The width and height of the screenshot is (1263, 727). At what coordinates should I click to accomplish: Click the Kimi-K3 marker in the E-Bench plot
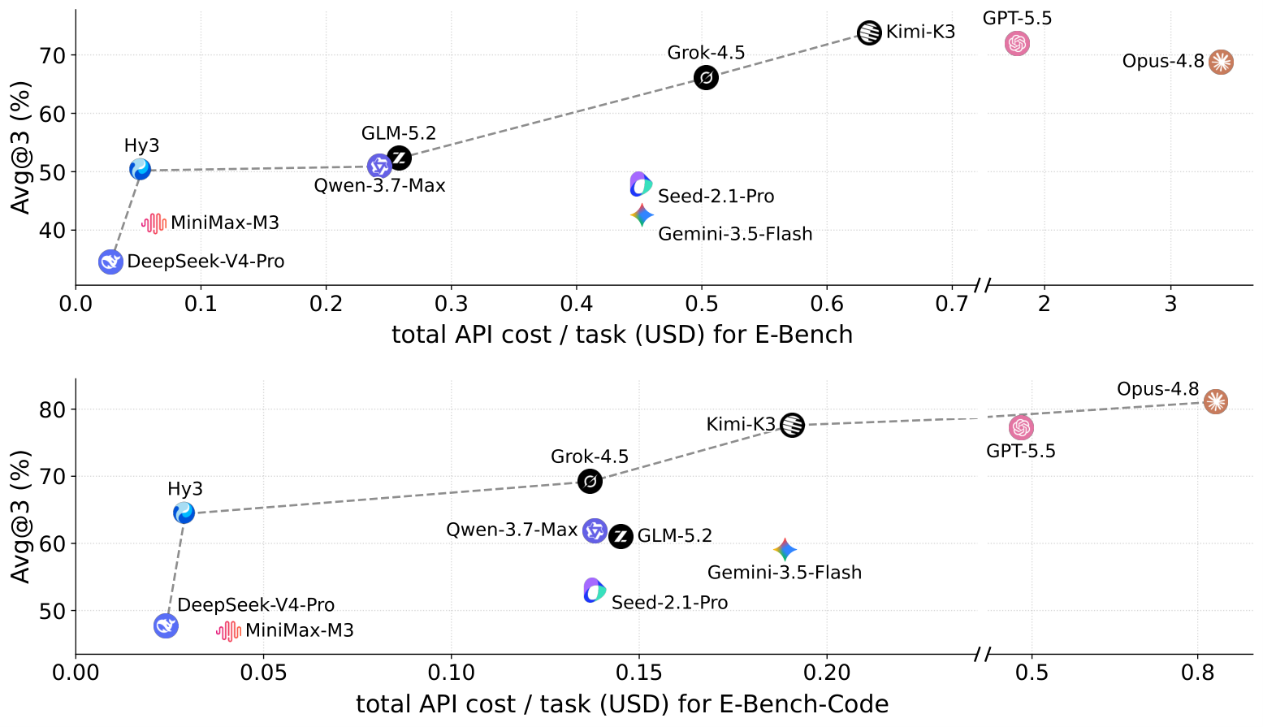pos(869,32)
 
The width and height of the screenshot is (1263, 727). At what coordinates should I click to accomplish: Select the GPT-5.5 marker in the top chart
pos(1017,43)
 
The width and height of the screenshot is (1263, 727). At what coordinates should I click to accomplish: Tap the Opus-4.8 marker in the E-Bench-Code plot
pos(1215,401)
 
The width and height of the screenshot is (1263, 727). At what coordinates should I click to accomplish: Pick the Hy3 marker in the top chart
pos(140,169)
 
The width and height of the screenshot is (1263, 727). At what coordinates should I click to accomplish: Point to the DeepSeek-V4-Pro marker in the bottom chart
pos(166,625)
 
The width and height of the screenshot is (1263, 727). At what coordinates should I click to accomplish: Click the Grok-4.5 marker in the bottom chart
pos(590,482)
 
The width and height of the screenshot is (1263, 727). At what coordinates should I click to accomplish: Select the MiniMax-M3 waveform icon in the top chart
pos(154,223)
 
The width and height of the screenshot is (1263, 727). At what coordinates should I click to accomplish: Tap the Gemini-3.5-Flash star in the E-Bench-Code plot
pos(785,549)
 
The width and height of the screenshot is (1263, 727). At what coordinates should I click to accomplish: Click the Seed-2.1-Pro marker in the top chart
pos(641,184)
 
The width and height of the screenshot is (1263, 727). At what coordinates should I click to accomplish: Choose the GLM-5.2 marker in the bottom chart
pos(621,536)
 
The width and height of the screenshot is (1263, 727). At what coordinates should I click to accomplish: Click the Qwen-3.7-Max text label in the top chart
pos(379,185)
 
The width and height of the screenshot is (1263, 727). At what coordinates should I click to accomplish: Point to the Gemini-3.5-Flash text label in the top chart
pos(735,233)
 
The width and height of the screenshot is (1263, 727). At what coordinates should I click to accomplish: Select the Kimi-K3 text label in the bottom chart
pos(741,424)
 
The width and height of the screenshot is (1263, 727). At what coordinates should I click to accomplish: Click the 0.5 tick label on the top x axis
pos(702,304)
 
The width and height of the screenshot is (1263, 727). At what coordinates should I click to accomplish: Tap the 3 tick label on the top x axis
pos(1170,304)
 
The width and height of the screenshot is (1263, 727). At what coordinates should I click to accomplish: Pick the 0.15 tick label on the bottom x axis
pos(639,673)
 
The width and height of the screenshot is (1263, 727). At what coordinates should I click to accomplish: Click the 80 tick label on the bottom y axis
pos(52,410)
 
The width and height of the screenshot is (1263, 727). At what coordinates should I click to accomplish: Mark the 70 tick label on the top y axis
pos(52,56)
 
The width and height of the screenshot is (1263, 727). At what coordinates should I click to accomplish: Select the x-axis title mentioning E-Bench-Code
pos(622,704)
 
